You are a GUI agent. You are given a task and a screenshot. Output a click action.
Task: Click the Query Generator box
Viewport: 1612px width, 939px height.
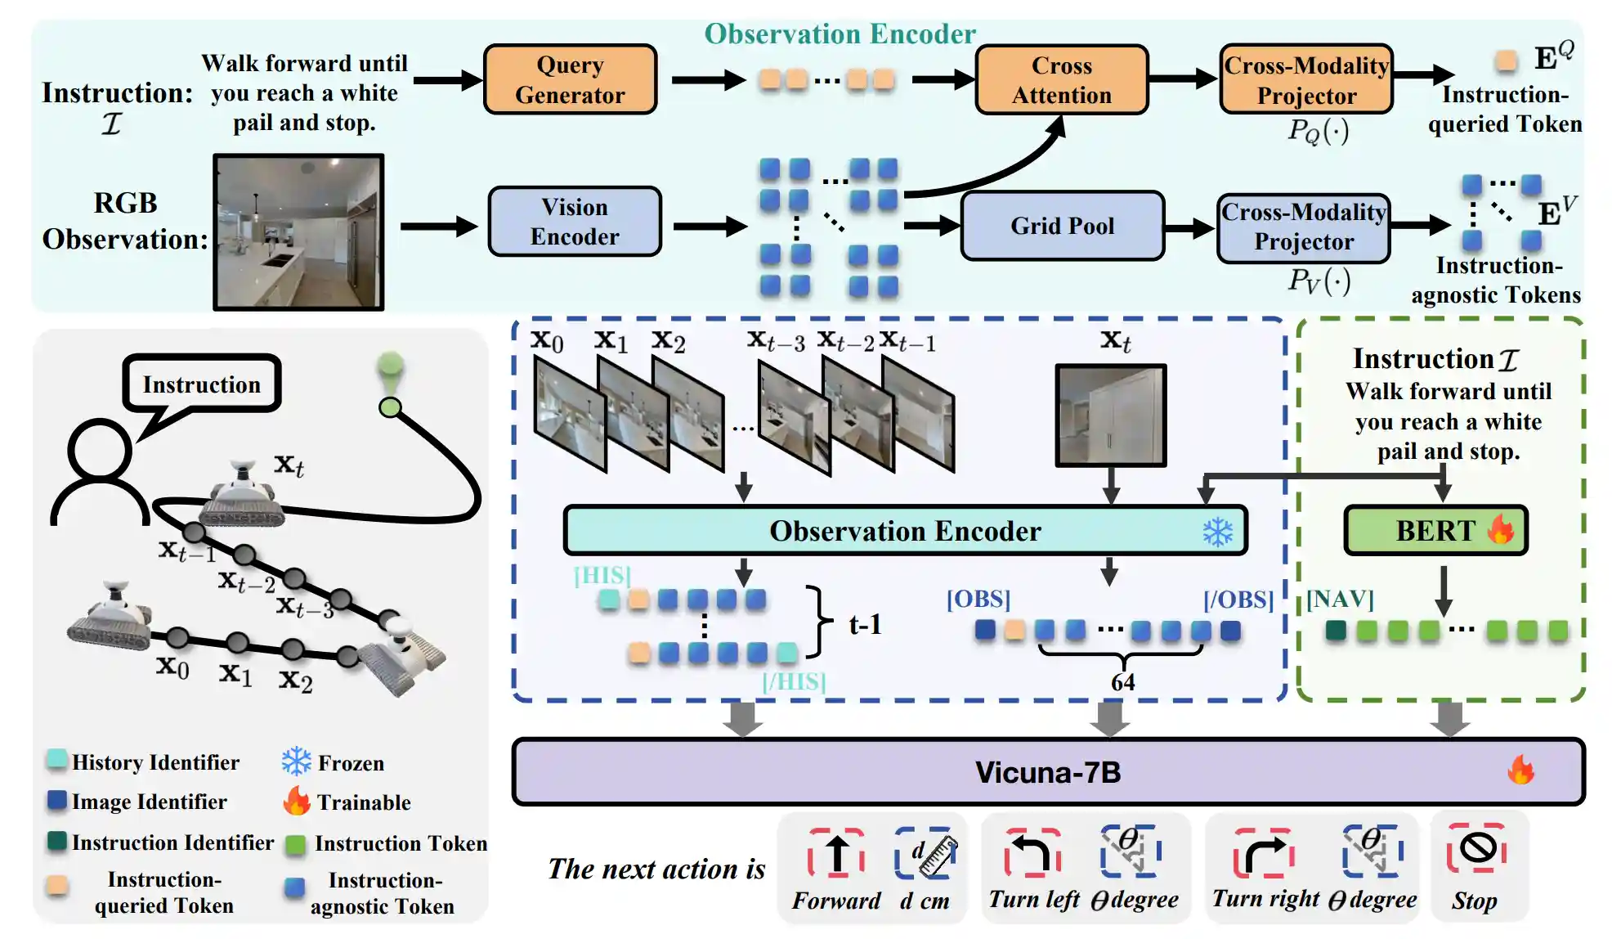point(570,79)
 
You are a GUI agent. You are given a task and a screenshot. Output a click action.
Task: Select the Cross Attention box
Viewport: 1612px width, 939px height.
point(1061,79)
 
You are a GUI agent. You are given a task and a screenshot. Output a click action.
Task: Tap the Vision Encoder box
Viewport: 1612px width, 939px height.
point(574,222)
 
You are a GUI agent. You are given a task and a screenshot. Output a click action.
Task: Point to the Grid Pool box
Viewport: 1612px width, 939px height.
point(1062,226)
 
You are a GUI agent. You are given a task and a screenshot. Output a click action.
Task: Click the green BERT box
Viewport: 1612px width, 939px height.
point(1435,531)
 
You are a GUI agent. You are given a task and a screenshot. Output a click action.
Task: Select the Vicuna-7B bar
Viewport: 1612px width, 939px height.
point(1047,772)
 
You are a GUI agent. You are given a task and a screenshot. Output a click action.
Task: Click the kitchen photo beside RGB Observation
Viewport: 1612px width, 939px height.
point(298,232)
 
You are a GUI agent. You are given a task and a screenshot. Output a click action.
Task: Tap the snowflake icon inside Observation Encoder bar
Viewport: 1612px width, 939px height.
point(1217,532)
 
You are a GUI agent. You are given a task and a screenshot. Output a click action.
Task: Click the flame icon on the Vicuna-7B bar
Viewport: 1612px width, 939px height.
point(1520,770)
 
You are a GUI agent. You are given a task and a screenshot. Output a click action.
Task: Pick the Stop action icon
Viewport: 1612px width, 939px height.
point(1476,848)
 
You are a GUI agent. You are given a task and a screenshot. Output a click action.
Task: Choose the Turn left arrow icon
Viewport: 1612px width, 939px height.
point(1032,852)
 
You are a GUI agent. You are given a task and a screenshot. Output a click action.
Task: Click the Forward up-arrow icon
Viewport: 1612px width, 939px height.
point(836,852)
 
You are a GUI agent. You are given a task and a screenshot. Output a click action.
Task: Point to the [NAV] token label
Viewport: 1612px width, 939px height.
point(1339,600)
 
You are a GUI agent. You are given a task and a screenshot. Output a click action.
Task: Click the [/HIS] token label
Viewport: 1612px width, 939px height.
point(793,681)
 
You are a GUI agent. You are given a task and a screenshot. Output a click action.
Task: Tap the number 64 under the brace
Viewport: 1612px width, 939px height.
point(1122,682)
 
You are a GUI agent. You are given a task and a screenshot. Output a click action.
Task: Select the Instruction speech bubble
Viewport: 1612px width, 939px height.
point(201,384)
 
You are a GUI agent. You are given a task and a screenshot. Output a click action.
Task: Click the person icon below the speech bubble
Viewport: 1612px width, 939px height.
point(100,474)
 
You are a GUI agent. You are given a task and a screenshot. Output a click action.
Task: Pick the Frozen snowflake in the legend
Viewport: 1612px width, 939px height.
point(296,762)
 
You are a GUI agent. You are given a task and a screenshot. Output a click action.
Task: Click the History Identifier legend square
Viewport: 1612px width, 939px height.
point(57,759)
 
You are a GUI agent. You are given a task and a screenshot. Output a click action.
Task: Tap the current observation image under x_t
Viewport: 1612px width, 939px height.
point(1110,416)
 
